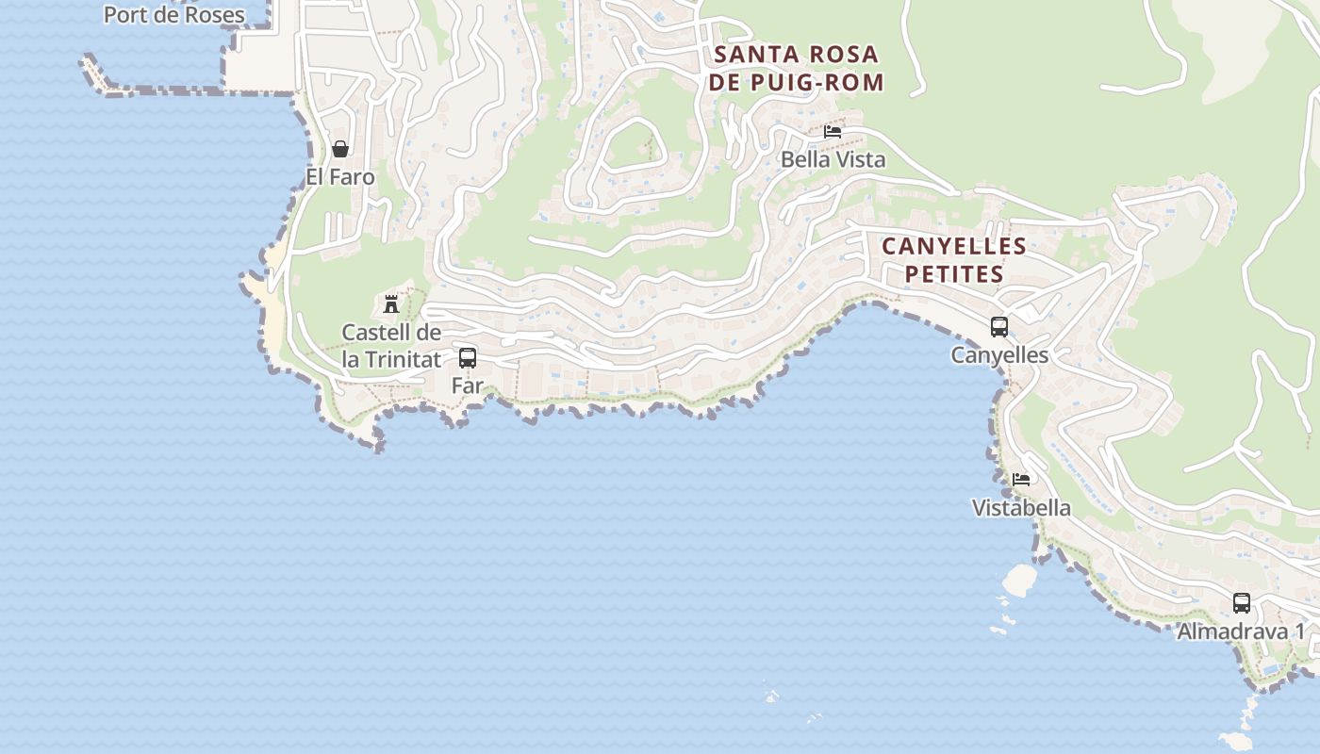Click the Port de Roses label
click(173, 15)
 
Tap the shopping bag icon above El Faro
click(340, 149)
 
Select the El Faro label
click(339, 177)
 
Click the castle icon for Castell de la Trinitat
click(390, 303)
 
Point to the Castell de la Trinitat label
click(391, 346)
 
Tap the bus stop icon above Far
click(468, 358)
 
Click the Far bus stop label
click(468, 385)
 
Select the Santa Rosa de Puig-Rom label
click(797, 68)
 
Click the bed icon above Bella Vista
click(833, 132)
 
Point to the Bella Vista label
click(833, 159)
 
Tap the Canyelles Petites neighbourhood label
click(953, 260)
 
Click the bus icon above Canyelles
click(999, 327)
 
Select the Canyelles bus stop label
click(999, 355)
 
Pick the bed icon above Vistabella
click(1021, 480)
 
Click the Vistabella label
click(1021, 508)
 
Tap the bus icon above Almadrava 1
click(1242, 603)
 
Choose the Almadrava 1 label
click(1241, 631)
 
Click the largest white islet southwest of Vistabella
click(1019, 580)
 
